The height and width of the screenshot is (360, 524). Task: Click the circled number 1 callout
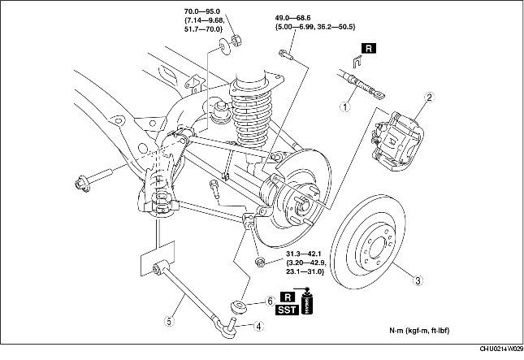(x=345, y=107)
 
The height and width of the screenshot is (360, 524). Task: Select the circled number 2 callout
(x=430, y=98)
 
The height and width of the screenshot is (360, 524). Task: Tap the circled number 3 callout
(x=418, y=280)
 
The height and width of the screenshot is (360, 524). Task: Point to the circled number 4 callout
(x=258, y=326)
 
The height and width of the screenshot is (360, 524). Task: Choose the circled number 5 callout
(x=169, y=322)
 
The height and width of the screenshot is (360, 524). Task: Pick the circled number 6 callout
(x=270, y=301)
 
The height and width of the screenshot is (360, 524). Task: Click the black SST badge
(x=287, y=310)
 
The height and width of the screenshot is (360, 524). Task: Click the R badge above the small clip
(x=368, y=49)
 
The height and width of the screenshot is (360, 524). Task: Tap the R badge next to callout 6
(x=289, y=297)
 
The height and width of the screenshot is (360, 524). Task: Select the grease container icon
(x=306, y=301)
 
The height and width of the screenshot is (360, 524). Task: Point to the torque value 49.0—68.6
(x=293, y=18)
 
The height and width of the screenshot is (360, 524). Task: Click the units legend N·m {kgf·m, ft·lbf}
(x=419, y=331)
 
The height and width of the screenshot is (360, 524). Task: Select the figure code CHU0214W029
(x=501, y=349)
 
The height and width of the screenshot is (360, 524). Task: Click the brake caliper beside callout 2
(x=396, y=141)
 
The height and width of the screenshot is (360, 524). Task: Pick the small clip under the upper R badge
(x=357, y=62)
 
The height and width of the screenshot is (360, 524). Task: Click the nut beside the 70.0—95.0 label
(x=236, y=40)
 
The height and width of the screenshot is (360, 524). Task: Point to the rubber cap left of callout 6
(x=238, y=307)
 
